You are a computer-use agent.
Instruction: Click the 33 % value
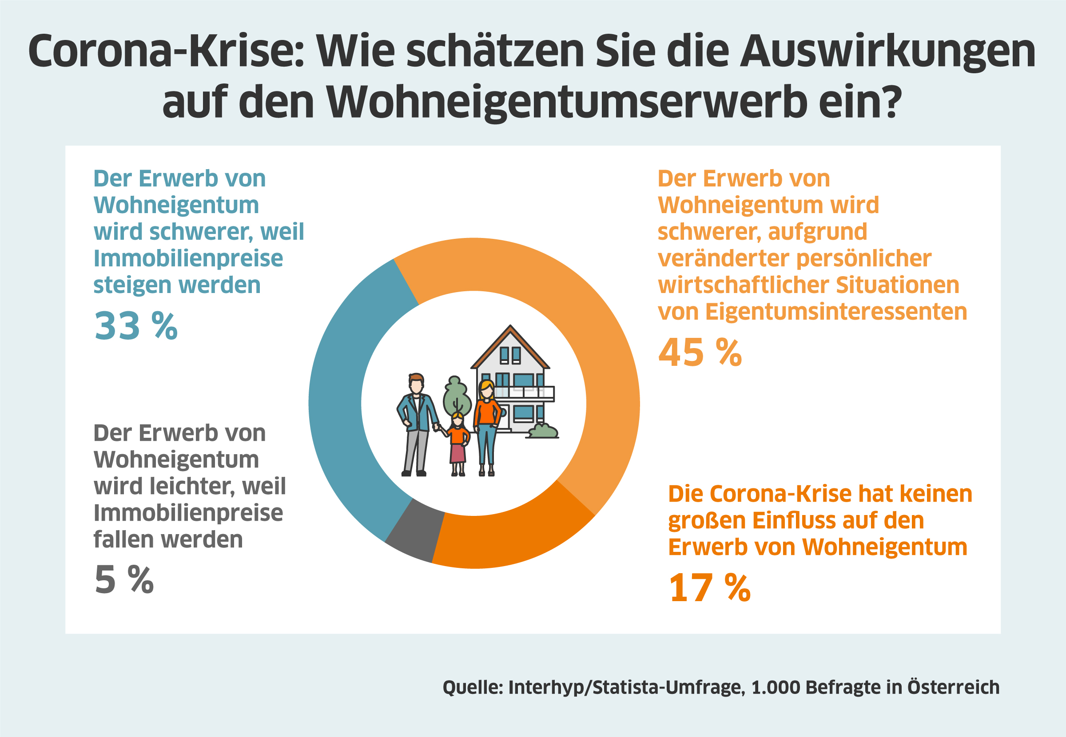136,326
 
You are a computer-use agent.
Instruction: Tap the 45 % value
700,353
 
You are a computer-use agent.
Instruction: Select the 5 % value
124,579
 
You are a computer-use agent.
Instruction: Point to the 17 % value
709,588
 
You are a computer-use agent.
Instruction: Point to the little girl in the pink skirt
458,443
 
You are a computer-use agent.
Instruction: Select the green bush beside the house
543,431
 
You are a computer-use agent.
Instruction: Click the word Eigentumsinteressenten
836,311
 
